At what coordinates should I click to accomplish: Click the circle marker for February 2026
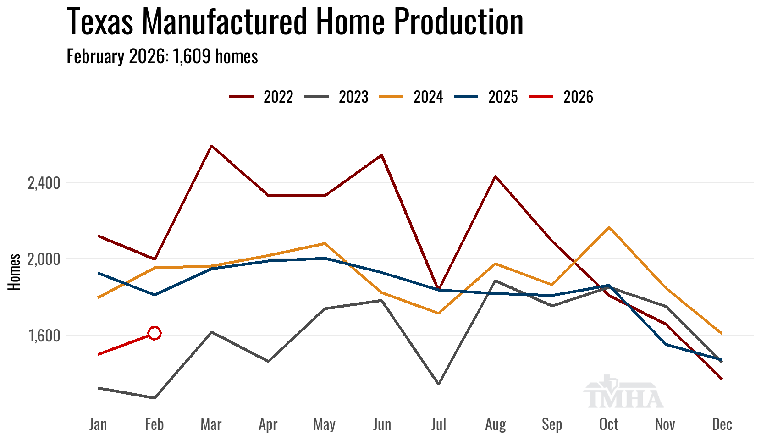[x=154, y=333]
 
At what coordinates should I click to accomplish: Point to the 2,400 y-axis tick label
[x=44, y=183]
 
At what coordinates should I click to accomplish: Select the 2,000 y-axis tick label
[x=44, y=259]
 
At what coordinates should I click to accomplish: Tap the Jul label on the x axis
[x=439, y=424]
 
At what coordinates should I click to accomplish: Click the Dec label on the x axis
[x=722, y=424]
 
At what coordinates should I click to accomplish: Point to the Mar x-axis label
[x=211, y=424]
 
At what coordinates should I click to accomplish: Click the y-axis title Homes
[x=14, y=272]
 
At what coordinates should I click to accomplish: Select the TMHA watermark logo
[x=623, y=393]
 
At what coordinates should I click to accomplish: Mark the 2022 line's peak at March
[x=211, y=146]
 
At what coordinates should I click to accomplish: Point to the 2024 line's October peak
[x=609, y=227]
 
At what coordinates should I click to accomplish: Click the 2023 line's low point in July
[x=439, y=384]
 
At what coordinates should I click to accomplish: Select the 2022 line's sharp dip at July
[x=439, y=289]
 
